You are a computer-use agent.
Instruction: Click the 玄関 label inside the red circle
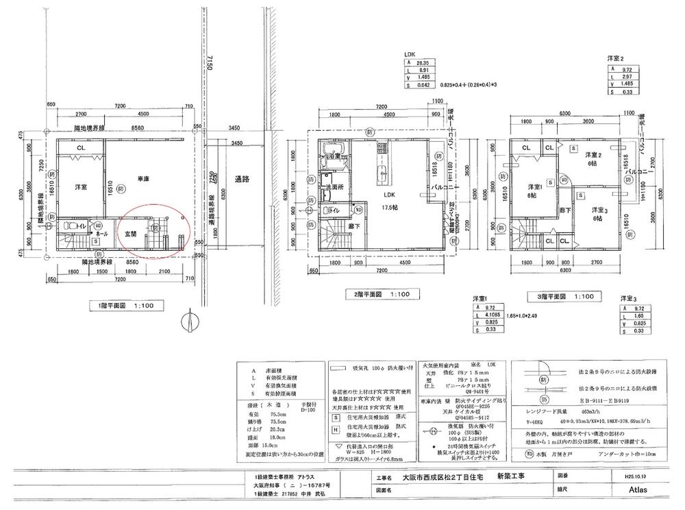130,233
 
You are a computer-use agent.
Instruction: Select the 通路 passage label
241,178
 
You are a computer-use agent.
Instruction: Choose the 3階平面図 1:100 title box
563,297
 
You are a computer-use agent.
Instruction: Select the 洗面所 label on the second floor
334,186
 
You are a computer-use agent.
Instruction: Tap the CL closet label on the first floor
81,147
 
